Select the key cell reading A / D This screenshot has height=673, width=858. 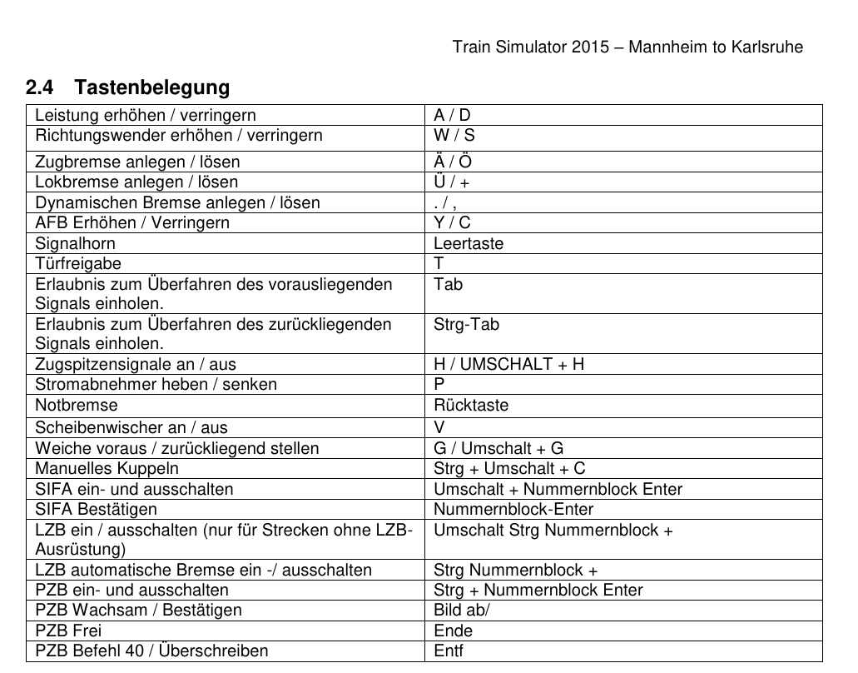[452, 116]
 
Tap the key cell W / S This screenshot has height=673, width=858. [454, 136]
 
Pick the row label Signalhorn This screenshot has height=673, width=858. [75, 243]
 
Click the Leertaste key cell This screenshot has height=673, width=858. [468, 243]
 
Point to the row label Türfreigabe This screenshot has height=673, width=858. [77, 264]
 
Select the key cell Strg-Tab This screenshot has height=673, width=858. [466, 325]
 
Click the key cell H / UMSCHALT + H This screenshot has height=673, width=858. [508, 365]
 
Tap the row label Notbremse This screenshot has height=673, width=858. [76, 406]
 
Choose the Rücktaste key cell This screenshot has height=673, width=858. [470, 406]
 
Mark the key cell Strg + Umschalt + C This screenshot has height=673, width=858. [509, 469]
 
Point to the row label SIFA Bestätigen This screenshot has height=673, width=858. [96, 509]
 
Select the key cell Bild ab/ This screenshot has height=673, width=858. [462, 611]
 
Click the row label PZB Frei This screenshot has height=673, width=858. [68, 631]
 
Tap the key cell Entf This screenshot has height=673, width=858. [448, 651]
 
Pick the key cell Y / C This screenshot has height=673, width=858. [452, 223]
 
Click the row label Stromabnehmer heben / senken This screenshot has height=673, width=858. [156, 385]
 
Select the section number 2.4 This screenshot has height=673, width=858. [39, 87]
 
